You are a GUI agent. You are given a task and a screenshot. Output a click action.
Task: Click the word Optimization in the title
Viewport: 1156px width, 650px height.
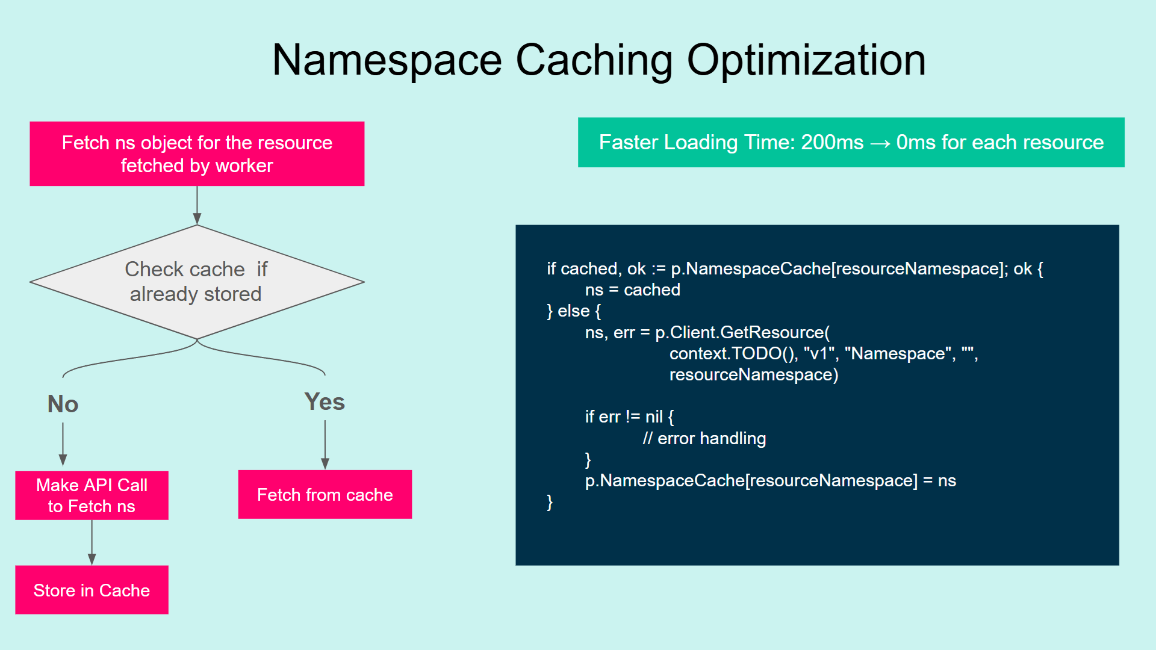click(806, 61)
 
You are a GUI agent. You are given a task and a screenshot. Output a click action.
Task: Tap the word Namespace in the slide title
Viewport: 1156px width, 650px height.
click(387, 61)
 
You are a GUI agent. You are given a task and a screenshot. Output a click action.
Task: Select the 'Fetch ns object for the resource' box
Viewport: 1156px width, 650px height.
click(197, 154)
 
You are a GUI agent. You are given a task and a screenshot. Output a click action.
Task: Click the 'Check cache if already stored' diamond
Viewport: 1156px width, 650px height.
click(197, 282)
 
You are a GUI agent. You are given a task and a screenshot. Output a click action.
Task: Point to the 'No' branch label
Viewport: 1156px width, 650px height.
click(63, 404)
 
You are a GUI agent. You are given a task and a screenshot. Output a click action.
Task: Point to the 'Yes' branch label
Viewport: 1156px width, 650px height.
click(325, 401)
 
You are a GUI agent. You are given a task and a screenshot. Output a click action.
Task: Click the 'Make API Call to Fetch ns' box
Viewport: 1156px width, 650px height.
click(92, 495)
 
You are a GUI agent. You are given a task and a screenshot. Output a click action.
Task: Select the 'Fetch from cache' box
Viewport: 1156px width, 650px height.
click(325, 495)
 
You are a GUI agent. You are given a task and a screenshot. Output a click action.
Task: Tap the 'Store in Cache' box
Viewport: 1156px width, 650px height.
click(92, 590)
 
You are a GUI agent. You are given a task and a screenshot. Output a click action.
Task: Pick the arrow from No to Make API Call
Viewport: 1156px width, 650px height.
click(63, 444)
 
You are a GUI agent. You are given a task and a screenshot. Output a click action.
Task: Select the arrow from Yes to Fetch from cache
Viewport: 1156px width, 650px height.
click(325, 444)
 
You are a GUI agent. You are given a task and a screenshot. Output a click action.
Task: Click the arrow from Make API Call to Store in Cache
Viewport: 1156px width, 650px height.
click(92, 542)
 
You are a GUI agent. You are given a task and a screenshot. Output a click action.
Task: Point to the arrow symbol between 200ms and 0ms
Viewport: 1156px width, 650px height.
click(880, 144)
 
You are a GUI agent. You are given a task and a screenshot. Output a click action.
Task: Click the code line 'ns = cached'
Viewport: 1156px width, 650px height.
click(632, 290)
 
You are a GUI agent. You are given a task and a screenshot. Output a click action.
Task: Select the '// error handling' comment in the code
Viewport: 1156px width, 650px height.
click(704, 439)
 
